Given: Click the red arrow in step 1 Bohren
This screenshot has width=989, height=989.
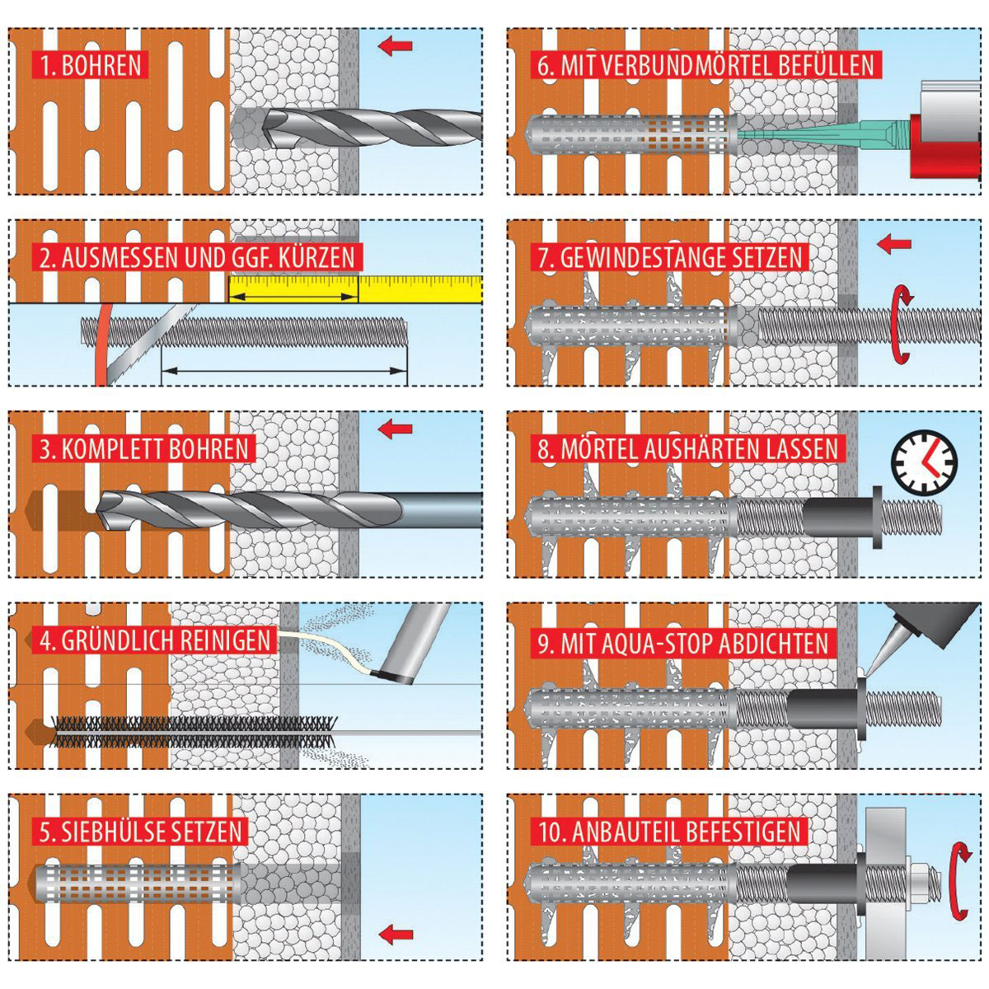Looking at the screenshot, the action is pos(396,45).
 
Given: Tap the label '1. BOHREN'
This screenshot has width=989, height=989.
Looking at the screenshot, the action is pos(91,65).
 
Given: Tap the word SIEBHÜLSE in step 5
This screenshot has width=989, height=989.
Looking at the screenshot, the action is pos(119,832).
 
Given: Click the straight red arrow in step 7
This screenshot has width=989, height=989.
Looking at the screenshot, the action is pos(894,244).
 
